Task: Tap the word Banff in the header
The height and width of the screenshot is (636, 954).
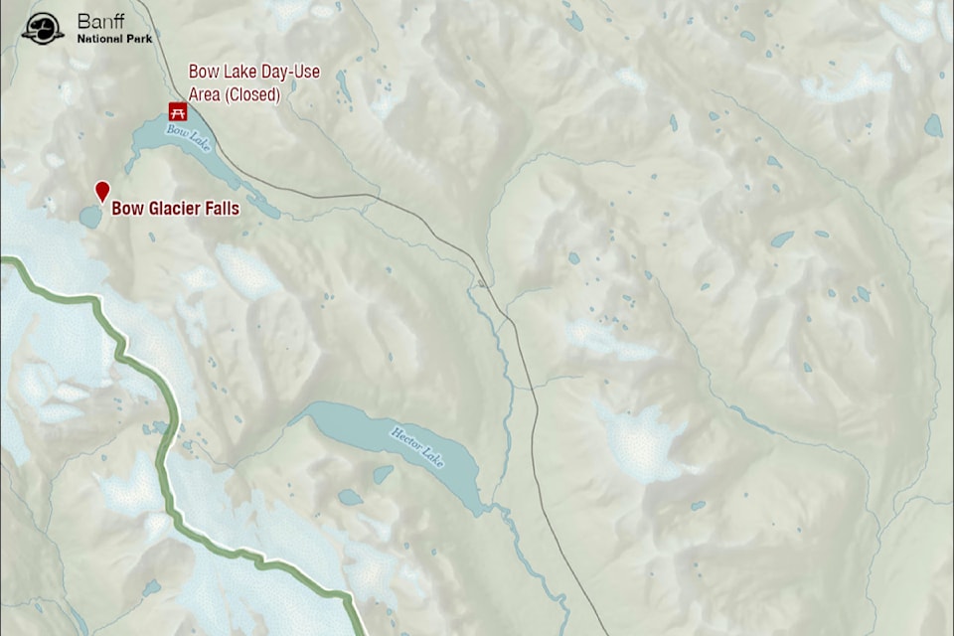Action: [x=100, y=21]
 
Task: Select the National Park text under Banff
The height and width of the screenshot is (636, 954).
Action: [x=115, y=38]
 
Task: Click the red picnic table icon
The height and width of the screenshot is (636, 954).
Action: [x=177, y=110]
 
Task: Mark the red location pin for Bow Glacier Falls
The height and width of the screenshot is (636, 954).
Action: [x=101, y=191]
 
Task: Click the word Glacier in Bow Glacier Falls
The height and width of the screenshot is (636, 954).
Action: [x=175, y=209]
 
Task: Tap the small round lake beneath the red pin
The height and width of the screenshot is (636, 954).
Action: [x=90, y=217]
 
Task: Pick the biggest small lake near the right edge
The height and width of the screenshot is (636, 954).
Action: [x=932, y=125]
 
